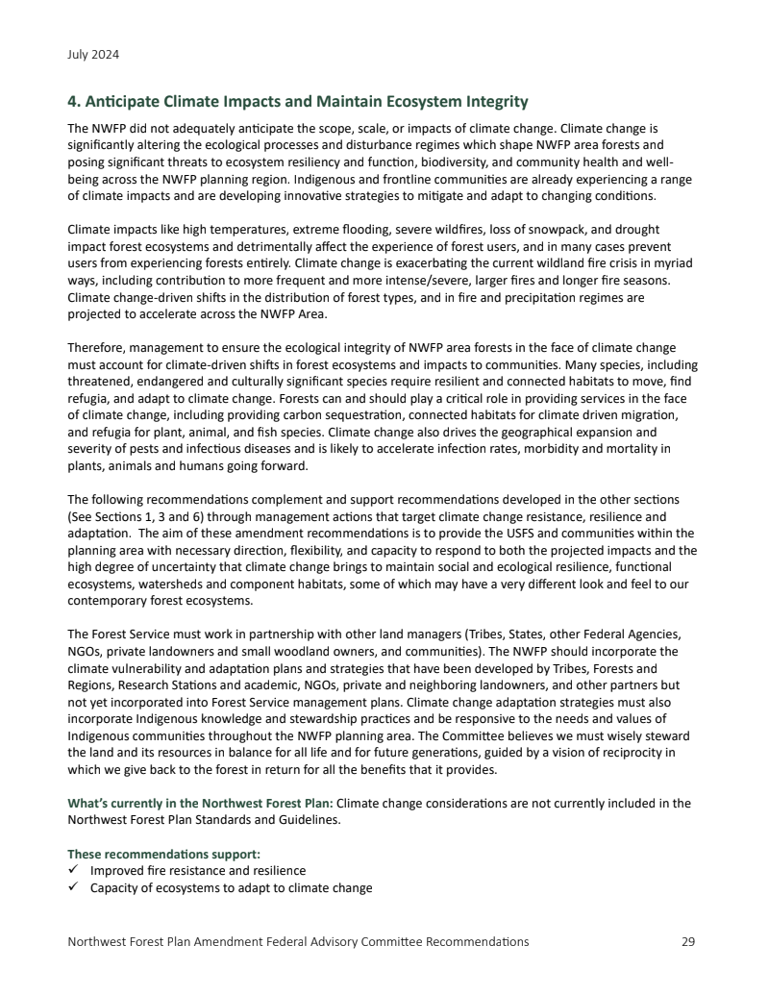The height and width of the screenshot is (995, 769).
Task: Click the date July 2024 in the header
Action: coord(93,55)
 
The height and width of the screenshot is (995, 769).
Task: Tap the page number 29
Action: coord(687,941)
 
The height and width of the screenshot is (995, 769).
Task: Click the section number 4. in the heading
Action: coord(74,101)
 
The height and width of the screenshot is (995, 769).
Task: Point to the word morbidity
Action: coord(559,448)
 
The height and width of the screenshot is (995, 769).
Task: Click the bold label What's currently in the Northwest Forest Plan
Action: coord(200,804)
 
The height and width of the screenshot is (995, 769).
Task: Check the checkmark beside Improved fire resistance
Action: coord(73,871)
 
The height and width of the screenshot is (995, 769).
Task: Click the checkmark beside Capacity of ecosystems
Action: coord(73,887)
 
